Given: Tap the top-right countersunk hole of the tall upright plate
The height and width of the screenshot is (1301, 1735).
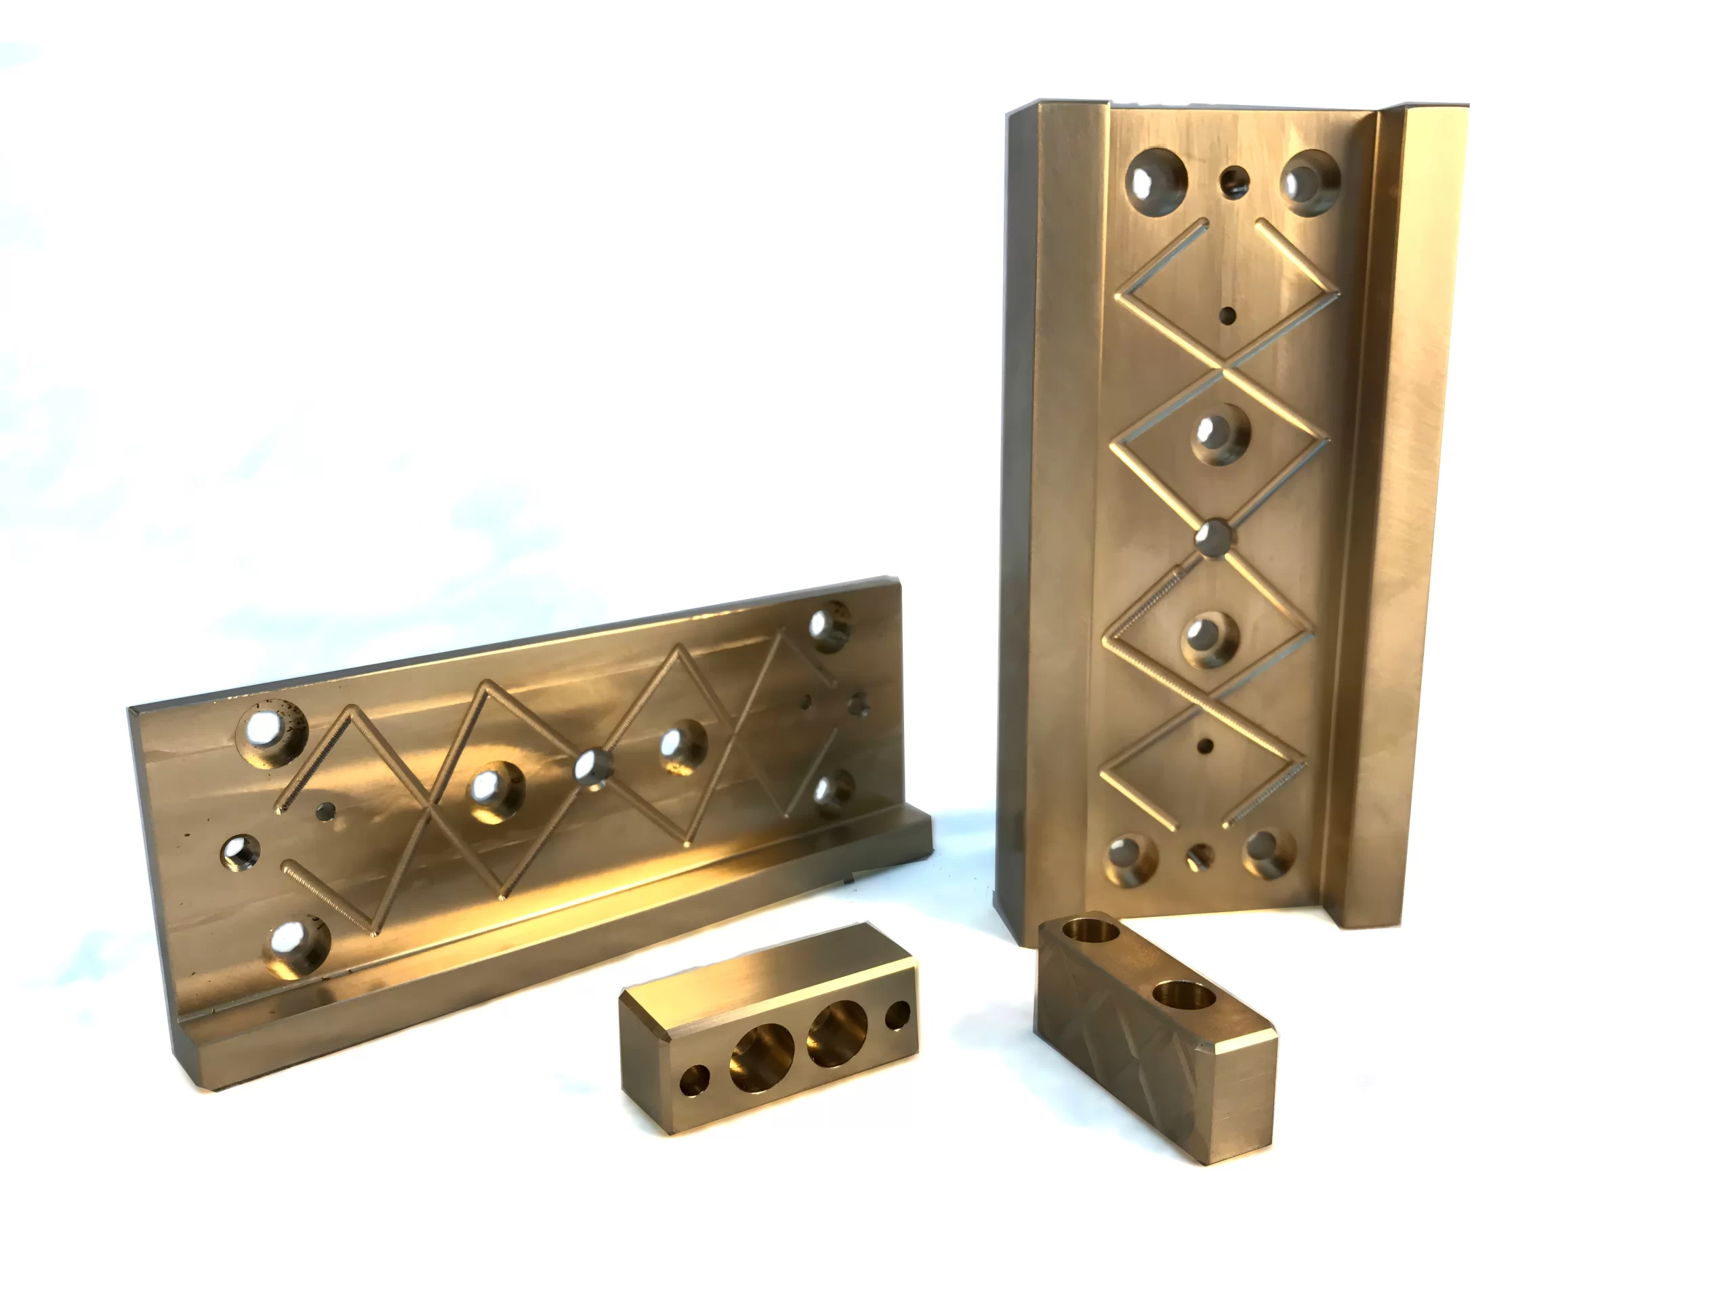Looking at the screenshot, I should [1309, 181].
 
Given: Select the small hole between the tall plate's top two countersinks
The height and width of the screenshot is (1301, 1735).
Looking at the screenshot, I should [1236, 181].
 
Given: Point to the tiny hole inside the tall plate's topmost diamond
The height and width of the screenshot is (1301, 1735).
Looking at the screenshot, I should [1227, 316].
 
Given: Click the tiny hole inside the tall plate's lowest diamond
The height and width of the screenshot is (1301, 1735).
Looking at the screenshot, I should [1206, 744].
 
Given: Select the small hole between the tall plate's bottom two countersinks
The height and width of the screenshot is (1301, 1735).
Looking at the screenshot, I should [1200, 857].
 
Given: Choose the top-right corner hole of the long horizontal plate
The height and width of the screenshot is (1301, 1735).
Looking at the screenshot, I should [829, 625].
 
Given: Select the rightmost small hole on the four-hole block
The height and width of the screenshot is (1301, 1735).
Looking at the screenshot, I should [897, 1016].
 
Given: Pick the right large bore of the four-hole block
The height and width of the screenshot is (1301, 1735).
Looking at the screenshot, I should [838, 1033].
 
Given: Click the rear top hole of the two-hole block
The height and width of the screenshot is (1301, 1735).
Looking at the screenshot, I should [1091, 932].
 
